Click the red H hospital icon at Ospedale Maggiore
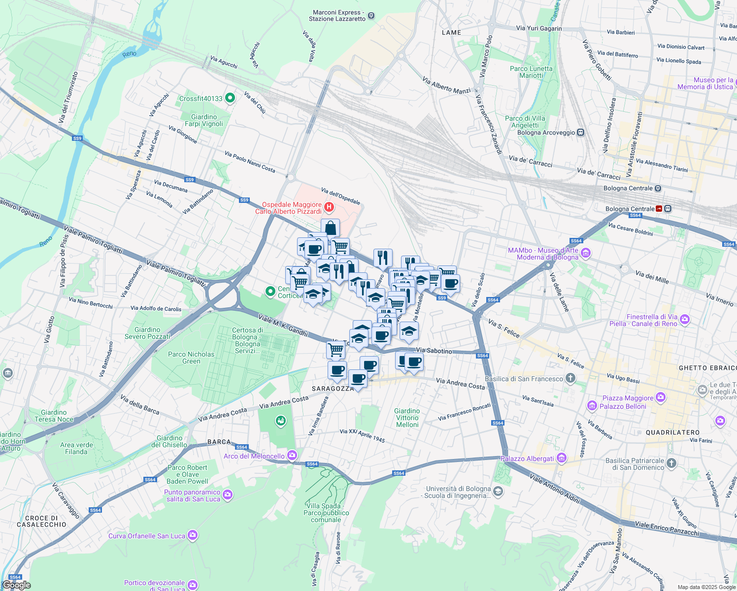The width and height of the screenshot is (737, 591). pyautogui.click(x=329, y=207)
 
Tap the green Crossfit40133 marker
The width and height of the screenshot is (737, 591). pyautogui.click(x=230, y=98)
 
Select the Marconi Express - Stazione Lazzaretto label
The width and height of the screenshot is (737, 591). pyautogui.click(x=337, y=16)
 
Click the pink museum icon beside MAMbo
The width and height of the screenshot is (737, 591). pyautogui.click(x=586, y=254)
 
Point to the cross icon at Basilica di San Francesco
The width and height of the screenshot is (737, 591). pyautogui.click(x=570, y=378)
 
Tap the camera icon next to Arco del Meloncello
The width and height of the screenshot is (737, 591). pyautogui.click(x=292, y=456)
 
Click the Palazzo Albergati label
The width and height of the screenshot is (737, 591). pyautogui.click(x=527, y=459)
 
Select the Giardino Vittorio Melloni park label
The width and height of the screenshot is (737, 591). pyautogui.click(x=407, y=418)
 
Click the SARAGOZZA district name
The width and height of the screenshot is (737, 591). pyautogui.click(x=333, y=389)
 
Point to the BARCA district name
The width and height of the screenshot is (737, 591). pyautogui.click(x=219, y=442)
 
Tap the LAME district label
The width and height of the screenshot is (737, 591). pyautogui.click(x=451, y=33)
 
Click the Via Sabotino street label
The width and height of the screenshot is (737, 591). pyautogui.click(x=434, y=351)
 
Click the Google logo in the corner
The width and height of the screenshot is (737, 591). pyautogui.click(x=16, y=585)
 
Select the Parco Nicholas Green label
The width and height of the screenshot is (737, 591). pyautogui.click(x=191, y=358)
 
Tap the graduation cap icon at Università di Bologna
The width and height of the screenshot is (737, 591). pyautogui.click(x=498, y=492)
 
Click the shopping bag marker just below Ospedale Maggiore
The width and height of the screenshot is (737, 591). pyautogui.click(x=330, y=229)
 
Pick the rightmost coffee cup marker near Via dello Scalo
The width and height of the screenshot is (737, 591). pyautogui.click(x=450, y=284)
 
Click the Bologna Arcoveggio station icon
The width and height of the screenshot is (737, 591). pyautogui.click(x=580, y=132)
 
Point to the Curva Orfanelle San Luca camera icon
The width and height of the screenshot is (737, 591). pyautogui.click(x=192, y=535)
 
